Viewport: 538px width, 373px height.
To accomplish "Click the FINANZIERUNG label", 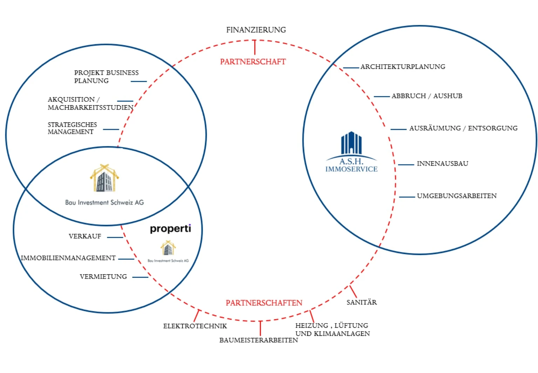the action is click(256, 30).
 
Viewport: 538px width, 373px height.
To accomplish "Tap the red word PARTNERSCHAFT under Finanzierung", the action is click(253, 62).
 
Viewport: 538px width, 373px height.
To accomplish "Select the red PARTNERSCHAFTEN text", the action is click(264, 303).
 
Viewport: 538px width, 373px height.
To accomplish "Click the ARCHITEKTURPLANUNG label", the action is click(403, 67).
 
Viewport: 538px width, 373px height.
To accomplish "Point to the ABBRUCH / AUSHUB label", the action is click(427, 96).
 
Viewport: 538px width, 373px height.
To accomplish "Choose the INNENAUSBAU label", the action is click(443, 164).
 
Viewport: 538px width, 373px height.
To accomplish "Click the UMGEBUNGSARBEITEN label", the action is click(457, 196).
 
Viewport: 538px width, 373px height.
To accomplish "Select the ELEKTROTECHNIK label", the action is click(195, 326).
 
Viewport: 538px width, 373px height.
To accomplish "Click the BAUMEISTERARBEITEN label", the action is click(259, 340).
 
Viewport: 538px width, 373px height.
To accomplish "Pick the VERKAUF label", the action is click(85, 236).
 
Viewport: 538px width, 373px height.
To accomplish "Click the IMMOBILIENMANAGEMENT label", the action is click(68, 258).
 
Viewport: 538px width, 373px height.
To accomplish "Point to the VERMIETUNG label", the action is click(103, 277).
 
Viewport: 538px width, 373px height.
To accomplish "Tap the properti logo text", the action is click(171, 228).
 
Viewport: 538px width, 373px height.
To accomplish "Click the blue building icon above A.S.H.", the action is click(352, 142).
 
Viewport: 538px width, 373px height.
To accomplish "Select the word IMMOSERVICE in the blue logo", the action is click(352, 169).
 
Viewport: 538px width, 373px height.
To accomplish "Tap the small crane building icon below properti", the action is click(168, 248).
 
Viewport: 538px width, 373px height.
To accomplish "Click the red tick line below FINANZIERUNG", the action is click(255, 47).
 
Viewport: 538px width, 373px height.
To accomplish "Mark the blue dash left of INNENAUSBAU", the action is click(406, 165).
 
